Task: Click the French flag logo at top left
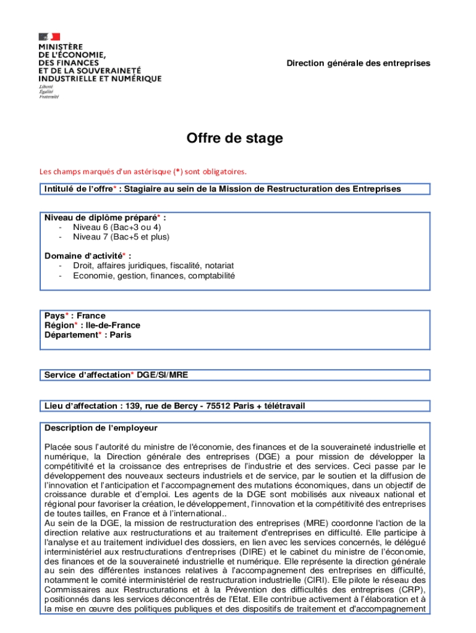pos(49,36)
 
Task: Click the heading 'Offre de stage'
pos(235,138)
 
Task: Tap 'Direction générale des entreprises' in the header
pos(358,64)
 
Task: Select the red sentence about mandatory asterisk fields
pos(143,171)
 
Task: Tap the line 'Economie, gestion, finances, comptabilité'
pos(153,276)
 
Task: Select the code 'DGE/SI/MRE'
pos(159,375)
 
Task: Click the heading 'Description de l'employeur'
pos(101,428)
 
